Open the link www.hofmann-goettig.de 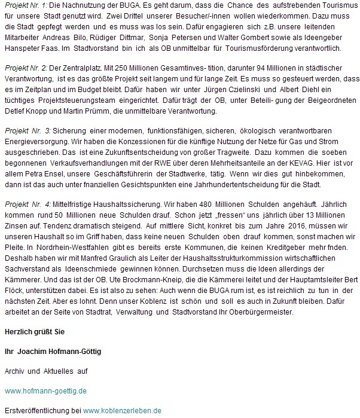click(45, 391)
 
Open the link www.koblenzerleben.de click(123, 411)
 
